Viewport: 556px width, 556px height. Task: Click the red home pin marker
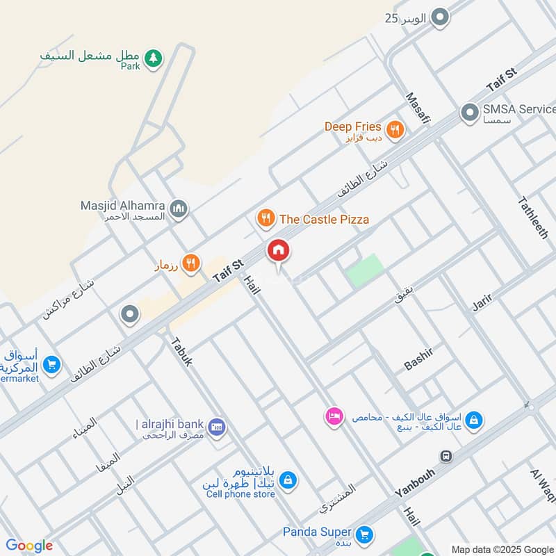279,251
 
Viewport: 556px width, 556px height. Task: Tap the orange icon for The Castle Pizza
265,220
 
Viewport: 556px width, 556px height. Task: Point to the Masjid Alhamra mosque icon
179,208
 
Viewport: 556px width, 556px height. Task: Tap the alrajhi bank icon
216,425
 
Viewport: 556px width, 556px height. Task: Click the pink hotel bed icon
334,417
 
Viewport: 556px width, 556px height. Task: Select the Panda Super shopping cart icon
363,534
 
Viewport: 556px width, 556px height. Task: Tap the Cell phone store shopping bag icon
288,480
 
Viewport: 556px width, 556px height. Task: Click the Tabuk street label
181,352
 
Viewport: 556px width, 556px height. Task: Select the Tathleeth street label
533,218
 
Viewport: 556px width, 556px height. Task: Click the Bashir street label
418,359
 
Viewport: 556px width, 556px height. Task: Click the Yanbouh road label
418,480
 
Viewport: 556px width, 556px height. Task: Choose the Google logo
29,546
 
